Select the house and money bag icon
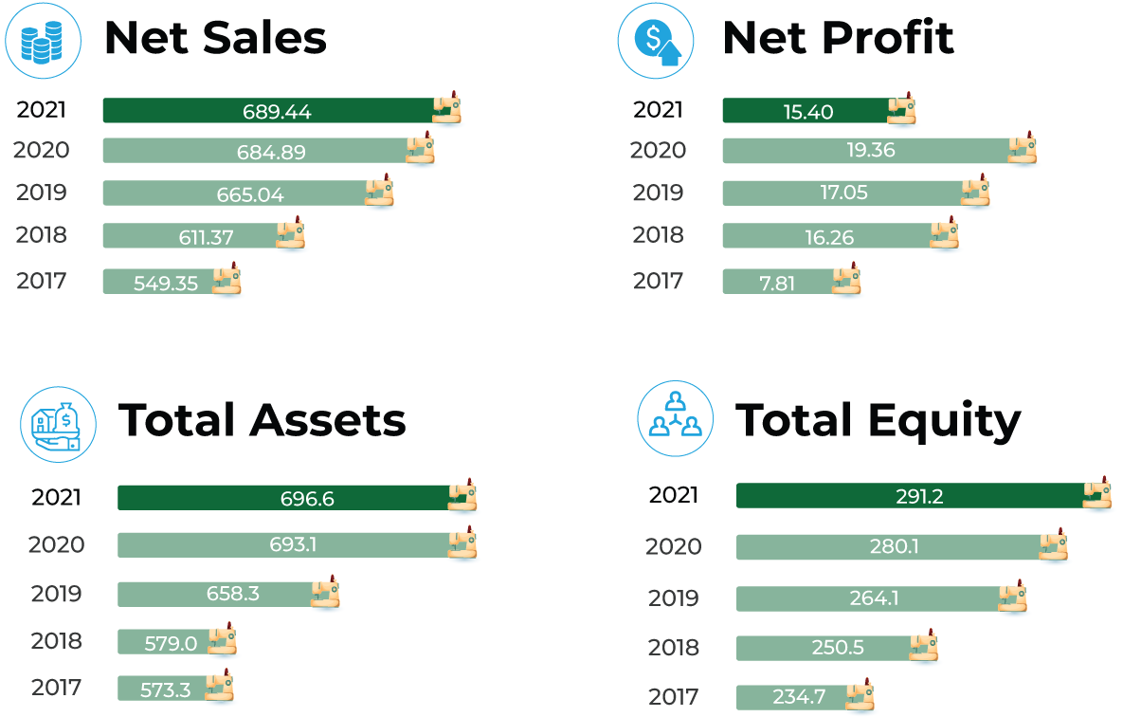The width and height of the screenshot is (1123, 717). (59, 422)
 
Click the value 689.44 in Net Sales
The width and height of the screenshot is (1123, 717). (277, 112)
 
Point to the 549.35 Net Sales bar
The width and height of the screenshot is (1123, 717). (161, 282)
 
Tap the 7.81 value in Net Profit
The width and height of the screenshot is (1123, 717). (777, 283)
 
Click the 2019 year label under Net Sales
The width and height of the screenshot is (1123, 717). (42, 193)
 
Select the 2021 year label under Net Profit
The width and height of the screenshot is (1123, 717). (658, 109)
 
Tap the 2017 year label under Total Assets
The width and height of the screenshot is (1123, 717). (57, 687)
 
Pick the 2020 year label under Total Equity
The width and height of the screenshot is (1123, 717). (674, 546)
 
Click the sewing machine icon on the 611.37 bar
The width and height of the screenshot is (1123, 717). (290, 233)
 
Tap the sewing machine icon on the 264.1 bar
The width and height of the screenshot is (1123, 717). (1012, 596)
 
